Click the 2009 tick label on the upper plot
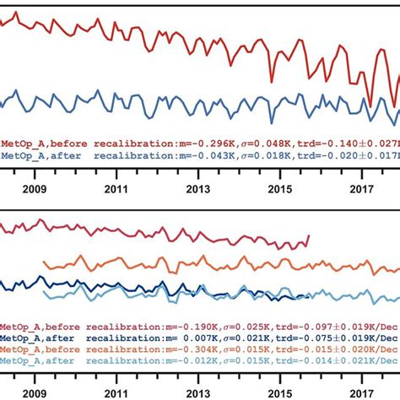[35, 191]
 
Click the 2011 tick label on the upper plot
[116, 191]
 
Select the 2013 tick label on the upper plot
[198, 191]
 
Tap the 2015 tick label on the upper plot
[280, 191]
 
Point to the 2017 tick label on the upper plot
[362, 191]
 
